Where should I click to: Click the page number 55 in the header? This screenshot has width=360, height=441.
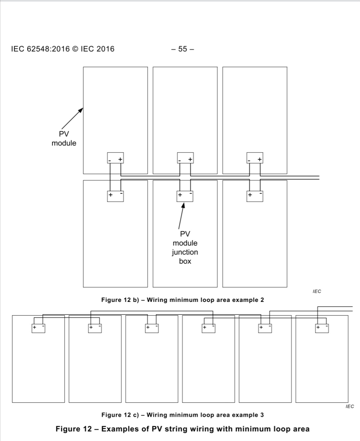(x=182, y=49)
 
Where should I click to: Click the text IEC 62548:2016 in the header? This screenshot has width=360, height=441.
(x=40, y=49)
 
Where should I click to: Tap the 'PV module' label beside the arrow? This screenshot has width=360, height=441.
(x=64, y=138)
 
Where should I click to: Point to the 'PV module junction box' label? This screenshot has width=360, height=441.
(x=185, y=248)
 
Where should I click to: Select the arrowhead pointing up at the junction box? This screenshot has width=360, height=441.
(x=183, y=205)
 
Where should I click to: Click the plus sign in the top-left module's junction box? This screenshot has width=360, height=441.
(x=120, y=159)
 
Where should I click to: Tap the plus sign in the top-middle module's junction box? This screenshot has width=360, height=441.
(x=190, y=159)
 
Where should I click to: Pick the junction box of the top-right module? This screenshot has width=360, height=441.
(x=255, y=158)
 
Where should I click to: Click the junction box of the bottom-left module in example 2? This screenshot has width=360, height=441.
(x=115, y=196)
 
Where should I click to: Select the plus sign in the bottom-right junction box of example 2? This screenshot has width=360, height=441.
(x=250, y=195)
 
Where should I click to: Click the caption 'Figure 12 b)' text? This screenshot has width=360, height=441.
(x=120, y=300)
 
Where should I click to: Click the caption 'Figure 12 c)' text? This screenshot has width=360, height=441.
(x=120, y=415)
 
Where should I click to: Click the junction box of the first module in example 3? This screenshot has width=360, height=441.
(x=38, y=328)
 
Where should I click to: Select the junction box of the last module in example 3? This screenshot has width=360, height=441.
(x=322, y=328)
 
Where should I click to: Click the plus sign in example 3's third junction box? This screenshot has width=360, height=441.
(x=148, y=327)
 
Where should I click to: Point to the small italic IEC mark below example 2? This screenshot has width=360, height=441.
(x=317, y=292)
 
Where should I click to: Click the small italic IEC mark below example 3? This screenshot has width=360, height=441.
(x=350, y=407)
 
